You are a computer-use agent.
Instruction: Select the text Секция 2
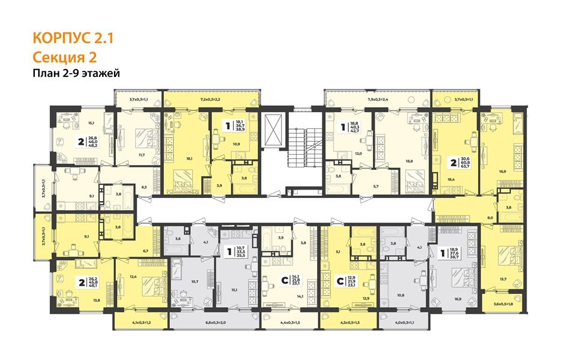click(64, 57)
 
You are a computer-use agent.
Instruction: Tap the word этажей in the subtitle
click(101, 73)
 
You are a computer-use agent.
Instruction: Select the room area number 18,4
click(452, 179)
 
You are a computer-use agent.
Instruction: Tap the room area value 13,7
click(501, 280)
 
